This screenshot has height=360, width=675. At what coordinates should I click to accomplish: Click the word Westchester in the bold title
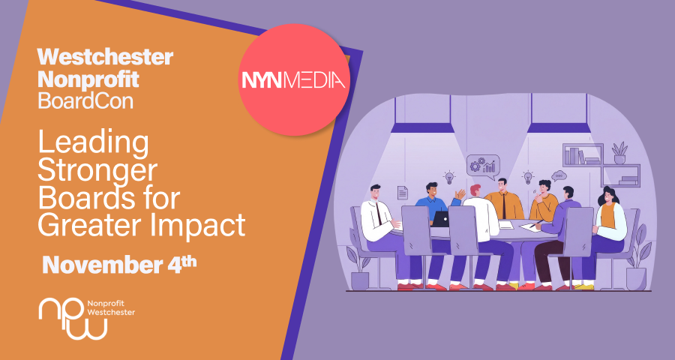point(106,57)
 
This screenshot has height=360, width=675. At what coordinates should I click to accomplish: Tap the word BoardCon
point(85,100)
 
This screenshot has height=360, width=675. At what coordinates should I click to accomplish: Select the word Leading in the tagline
point(94,145)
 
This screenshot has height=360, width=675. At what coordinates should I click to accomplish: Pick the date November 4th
point(119,265)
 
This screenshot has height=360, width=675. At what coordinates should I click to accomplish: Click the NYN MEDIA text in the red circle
point(293,80)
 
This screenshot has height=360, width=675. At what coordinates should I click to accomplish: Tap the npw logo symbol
point(73,319)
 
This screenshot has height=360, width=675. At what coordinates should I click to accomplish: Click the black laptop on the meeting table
point(440,219)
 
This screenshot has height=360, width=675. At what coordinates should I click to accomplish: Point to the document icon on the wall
point(403,193)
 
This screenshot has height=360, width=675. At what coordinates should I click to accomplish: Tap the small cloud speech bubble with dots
point(559,175)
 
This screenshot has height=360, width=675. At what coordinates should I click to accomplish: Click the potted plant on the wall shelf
point(620,153)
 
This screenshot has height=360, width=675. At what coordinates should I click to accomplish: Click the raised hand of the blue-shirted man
point(460,194)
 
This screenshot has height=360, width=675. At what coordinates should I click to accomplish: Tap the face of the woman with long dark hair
point(608,198)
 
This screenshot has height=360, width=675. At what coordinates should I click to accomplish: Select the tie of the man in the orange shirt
point(504,205)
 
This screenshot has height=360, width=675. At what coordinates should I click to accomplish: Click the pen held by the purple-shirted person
point(537,223)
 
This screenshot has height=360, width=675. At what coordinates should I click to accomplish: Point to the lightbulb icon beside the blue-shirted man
point(449,177)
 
